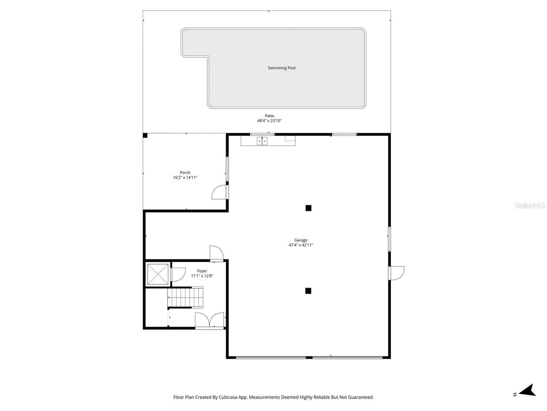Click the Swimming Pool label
tap(282, 68)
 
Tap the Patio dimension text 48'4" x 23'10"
tap(269, 121)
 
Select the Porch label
tap(185, 173)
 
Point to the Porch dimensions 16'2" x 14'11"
tap(185, 178)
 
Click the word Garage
tap(301, 240)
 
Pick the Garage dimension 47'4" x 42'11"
tap(301, 245)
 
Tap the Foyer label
tap(202, 271)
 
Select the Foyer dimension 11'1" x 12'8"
tap(202, 276)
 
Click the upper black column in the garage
tap(309, 208)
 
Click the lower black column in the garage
tap(308, 291)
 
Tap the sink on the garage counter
tap(262, 140)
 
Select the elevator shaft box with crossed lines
tap(158, 274)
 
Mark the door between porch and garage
tap(220, 192)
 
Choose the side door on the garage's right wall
tap(397, 273)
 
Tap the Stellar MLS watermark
tap(530, 206)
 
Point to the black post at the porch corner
tap(145, 136)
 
